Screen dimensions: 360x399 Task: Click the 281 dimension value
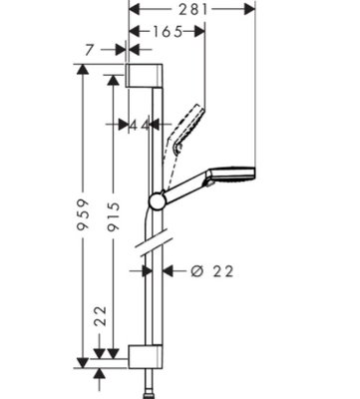(x=193, y=9)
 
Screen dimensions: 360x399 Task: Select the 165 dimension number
(x=169, y=32)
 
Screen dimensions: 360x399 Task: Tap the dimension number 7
(x=89, y=50)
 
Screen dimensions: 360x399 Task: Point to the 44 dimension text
(x=139, y=125)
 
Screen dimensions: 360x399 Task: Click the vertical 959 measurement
(x=82, y=214)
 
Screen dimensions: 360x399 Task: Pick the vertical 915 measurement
(x=114, y=216)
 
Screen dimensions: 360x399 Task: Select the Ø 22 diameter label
(x=212, y=271)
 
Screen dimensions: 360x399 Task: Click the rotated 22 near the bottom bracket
(x=100, y=316)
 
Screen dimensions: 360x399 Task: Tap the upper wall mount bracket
(x=144, y=75)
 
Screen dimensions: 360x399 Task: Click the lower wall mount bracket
(x=146, y=357)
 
